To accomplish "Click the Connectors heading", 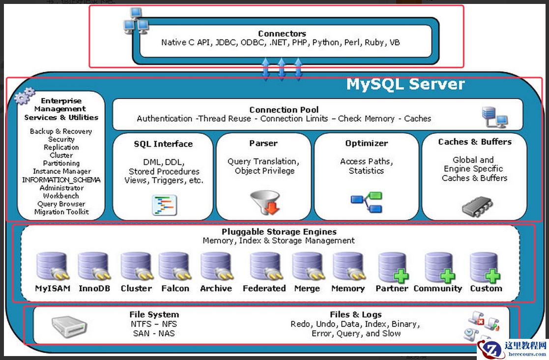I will click(282, 33).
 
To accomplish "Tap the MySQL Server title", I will click(405, 84).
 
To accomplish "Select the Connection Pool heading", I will click(284, 110).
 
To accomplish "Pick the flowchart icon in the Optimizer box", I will click(366, 202).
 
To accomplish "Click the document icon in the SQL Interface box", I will click(164, 205).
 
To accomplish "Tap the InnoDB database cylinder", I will click(93, 267).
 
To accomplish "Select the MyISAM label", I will click(53, 288).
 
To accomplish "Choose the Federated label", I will click(264, 288).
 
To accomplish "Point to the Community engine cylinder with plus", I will click(439, 267).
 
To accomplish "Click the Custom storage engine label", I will click(486, 288).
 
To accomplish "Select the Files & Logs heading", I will click(355, 314).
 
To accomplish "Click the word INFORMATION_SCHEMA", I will click(61, 180).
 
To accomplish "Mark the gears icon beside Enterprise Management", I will click(24, 96).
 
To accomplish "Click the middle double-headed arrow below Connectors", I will click(281, 69).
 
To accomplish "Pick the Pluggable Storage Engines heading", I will click(279, 231).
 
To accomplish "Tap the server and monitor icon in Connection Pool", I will click(494, 117).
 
